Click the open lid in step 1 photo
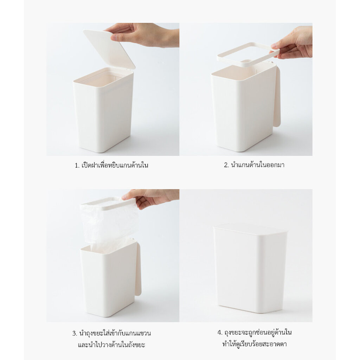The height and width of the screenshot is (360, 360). (109, 49)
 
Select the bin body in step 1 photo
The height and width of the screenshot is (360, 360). (103, 110)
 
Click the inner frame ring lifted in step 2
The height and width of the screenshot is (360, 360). (249, 54)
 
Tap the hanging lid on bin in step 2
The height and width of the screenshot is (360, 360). (277, 96)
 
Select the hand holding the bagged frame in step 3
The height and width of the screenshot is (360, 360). (150, 198)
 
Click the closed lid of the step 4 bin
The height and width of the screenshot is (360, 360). (250, 229)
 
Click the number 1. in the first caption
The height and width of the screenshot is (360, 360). (77, 165)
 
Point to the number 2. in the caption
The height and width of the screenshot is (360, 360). (226, 165)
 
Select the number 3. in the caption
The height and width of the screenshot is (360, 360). (75, 333)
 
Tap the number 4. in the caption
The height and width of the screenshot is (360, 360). (220, 333)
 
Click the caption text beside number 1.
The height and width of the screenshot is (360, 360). (115, 165)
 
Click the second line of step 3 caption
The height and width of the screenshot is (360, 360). (111, 345)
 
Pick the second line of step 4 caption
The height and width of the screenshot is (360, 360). (255, 344)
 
